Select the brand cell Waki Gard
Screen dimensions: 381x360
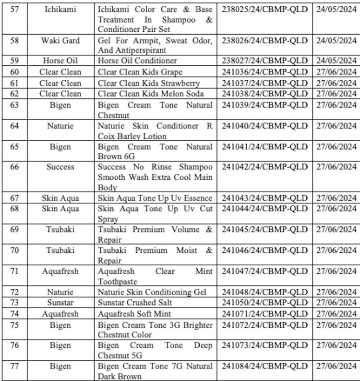click(60, 40)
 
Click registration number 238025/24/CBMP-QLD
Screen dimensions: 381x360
click(264, 9)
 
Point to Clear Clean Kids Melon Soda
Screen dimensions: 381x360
click(149, 93)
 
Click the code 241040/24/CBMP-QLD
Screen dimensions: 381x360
click(264, 126)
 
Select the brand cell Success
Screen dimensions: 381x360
click(60, 167)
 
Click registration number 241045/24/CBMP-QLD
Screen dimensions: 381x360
click(264, 230)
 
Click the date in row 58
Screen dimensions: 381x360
click(336, 40)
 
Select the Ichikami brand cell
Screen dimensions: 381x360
click(60, 9)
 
